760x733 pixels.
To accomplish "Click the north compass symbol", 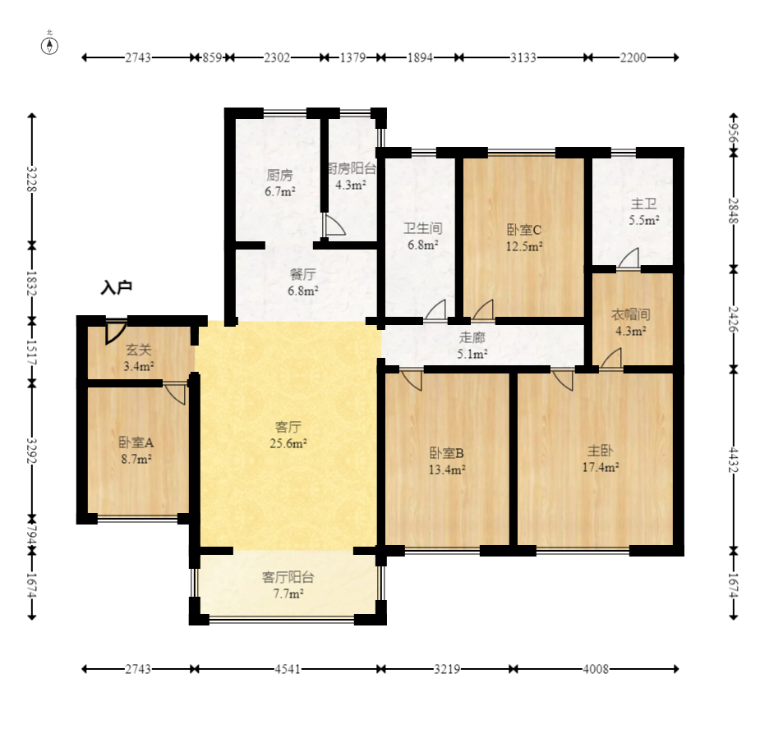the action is click(49, 45).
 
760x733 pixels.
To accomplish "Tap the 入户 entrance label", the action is click(117, 287).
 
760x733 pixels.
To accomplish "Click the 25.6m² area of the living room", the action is click(288, 443).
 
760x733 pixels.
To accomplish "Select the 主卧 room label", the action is click(600, 451).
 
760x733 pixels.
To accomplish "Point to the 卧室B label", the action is click(447, 453).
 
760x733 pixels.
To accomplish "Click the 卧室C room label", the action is click(524, 230).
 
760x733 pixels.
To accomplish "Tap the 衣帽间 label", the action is click(630, 314).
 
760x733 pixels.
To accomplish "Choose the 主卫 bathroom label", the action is click(643, 204).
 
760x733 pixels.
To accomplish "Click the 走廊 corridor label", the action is click(472, 337).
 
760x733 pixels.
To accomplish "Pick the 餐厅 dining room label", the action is click(303, 274).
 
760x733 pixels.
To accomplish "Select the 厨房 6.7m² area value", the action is click(280, 191).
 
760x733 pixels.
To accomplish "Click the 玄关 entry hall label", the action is click(139, 350).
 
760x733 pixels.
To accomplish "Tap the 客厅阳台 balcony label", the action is click(288, 577).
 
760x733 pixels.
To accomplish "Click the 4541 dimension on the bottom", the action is click(288, 669).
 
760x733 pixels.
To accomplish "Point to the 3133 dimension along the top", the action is click(523, 57).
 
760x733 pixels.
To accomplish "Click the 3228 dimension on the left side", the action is click(31, 179).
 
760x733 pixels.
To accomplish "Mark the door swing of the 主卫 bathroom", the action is click(629, 258).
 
